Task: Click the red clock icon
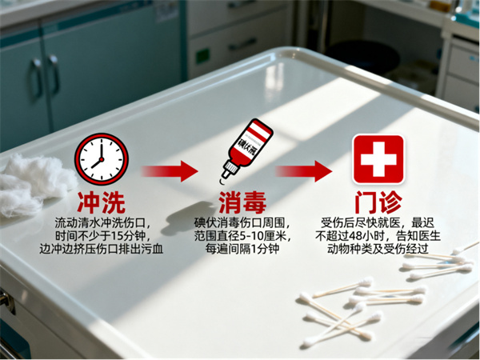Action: click(x=102, y=157)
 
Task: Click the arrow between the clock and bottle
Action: click(x=170, y=170)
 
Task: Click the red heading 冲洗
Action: click(x=101, y=200)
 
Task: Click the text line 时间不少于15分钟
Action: click(x=102, y=235)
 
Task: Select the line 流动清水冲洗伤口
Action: click(x=102, y=221)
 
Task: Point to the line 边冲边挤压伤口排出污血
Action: click(x=102, y=250)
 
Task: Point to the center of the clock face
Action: click(x=102, y=158)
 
